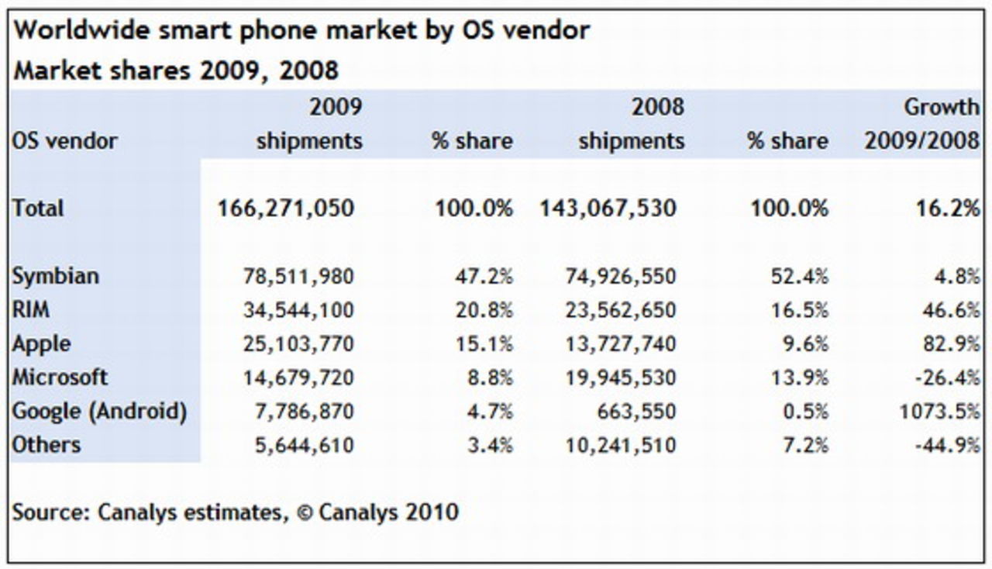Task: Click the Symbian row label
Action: click(56, 276)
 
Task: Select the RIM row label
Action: click(31, 310)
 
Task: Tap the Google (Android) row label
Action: click(99, 412)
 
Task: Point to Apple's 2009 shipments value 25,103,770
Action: click(299, 343)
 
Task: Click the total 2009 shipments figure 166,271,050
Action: click(287, 208)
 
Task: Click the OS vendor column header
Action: click(65, 141)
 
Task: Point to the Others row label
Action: click(46, 445)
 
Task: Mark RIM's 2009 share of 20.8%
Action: click(484, 310)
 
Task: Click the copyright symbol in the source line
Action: click(305, 512)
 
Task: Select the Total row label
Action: click(38, 208)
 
